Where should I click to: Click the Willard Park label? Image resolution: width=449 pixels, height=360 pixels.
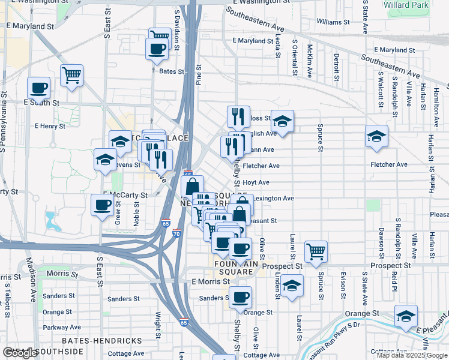(x=424, y=5)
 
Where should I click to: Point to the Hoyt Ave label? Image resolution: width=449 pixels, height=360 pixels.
(x=256, y=182)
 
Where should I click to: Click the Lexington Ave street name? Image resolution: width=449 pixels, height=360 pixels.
(x=273, y=198)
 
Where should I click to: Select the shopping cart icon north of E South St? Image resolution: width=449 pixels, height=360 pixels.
(x=71, y=76)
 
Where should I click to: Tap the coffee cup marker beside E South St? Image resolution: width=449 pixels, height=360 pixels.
(x=38, y=88)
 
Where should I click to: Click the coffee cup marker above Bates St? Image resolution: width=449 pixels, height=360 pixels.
(x=157, y=49)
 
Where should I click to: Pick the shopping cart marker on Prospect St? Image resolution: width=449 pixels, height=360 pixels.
(x=315, y=252)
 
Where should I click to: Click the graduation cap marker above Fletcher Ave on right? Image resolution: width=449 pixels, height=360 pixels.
(x=376, y=137)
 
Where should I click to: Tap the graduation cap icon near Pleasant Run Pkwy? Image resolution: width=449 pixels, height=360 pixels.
(x=406, y=316)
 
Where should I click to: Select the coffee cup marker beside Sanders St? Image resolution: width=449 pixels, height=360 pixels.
(x=240, y=297)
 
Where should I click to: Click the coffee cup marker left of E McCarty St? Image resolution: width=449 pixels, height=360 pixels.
(x=101, y=205)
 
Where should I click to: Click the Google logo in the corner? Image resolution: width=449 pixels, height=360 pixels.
(x=20, y=353)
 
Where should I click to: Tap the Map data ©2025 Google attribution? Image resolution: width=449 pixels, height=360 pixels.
(x=412, y=355)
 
